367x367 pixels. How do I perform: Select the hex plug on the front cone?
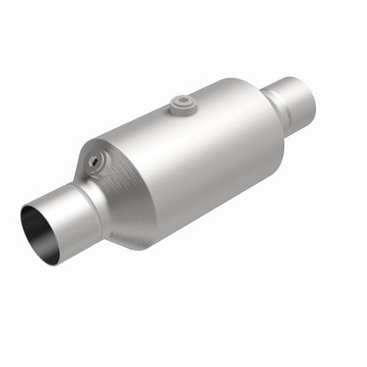tap(94, 161)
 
